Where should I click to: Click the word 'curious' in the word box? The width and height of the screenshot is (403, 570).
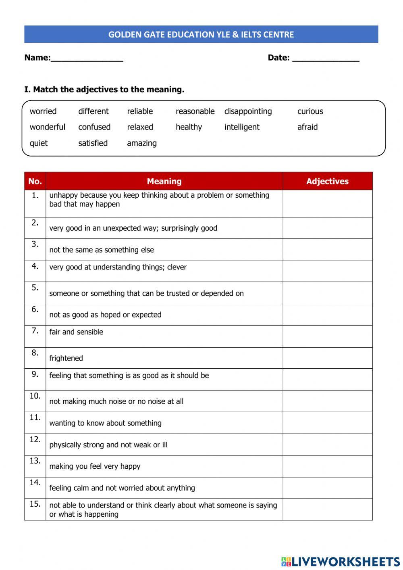[310, 111]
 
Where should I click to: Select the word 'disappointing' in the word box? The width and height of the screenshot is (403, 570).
[248, 111]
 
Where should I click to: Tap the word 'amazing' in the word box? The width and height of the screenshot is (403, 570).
[141, 143]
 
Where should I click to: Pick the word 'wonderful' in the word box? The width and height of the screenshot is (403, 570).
[47, 127]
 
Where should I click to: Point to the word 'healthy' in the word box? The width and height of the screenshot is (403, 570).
[189, 127]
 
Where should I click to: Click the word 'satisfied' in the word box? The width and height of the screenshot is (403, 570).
[93, 143]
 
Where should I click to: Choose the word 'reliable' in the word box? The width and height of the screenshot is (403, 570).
[140, 111]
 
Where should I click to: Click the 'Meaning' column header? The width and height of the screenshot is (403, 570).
[164, 181]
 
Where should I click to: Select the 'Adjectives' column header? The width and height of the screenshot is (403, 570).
[327, 181]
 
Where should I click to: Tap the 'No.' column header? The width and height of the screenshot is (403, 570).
[35, 181]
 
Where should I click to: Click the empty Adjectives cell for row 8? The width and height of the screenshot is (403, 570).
[327, 358]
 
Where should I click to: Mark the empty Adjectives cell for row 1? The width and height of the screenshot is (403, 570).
[327, 203]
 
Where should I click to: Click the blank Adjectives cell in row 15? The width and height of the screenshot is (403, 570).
[327, 509]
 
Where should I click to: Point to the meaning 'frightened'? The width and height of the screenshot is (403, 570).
[66, 358]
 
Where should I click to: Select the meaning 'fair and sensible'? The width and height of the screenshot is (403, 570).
[76, 332]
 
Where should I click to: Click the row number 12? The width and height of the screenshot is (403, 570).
[35, 440]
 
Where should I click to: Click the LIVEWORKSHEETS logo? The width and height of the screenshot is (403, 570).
[340, 561]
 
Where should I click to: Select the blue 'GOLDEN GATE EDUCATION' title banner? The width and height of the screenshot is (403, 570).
[201, 34]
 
